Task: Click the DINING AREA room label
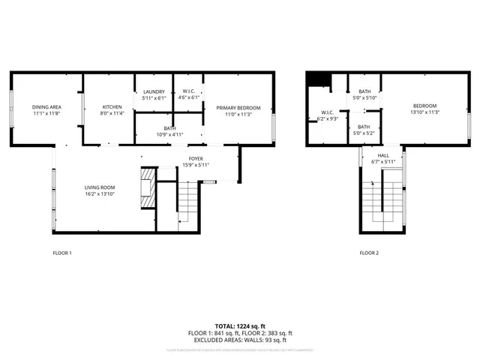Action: coord(46,107)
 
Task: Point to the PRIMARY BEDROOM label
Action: coord(233,107)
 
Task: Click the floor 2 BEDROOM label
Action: coord(424,106)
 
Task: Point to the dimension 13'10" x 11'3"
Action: coord(424,112)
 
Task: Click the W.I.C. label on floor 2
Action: coord(328,112)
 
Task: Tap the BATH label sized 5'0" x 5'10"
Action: coord(364,91)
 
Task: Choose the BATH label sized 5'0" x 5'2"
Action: coord(364,126)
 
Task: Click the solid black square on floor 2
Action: coord(320,79)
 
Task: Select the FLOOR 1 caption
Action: coord(62,253)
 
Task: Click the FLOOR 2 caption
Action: coord(369,253)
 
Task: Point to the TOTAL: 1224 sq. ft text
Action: coord(239,326)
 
